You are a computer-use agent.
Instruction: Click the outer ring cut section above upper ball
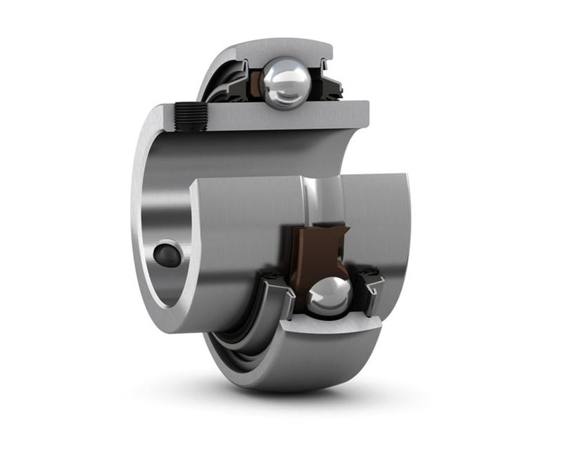281,48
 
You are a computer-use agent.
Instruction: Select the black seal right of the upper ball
326,84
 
